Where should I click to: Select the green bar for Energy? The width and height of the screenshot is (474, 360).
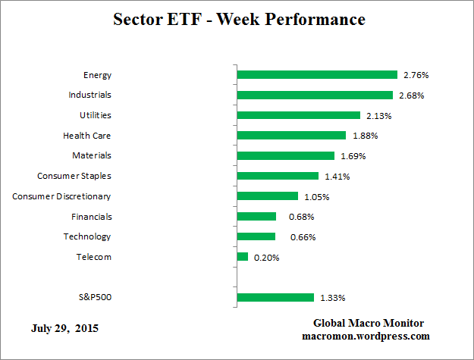pos(317,75)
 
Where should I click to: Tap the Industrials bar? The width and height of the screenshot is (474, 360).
pos(315,95)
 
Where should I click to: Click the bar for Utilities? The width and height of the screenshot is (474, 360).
pos(299,115)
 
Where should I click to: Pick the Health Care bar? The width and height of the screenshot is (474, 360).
pos(291,136)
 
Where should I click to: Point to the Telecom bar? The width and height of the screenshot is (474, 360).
pos(243,257)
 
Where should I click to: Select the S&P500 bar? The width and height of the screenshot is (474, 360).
pos(275,297)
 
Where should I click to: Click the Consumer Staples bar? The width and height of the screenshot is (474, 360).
pos(278,176)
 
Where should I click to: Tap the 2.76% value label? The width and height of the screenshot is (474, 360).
pos(416,75)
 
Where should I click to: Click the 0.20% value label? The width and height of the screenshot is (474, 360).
pos(266,257)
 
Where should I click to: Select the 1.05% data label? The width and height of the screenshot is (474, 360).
pos(316,196)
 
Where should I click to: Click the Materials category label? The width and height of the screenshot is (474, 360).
pos(92,155)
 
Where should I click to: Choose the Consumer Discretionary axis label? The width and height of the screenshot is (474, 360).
pos(62,196)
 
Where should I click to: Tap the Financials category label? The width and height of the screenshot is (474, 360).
pos(90,216)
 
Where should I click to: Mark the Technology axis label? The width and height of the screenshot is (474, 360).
pos(87,236)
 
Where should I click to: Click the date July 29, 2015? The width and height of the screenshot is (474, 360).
pos(64,329)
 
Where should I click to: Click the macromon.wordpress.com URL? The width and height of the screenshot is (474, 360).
pos(366,335)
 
